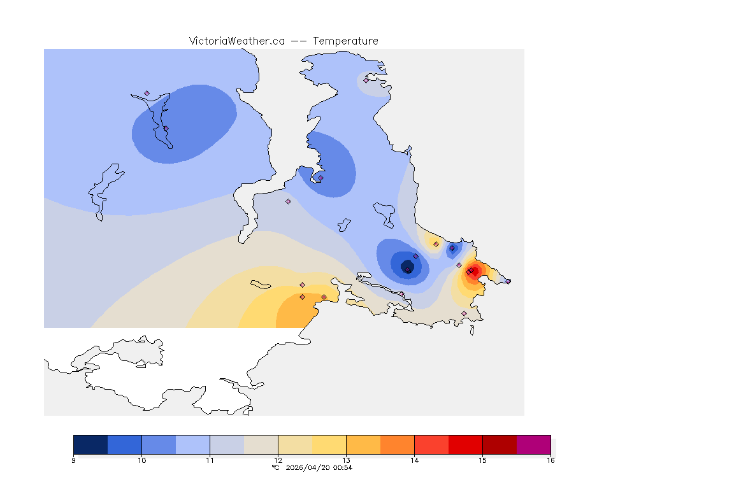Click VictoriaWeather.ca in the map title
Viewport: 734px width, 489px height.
236,41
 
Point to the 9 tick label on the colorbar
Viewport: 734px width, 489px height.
73,460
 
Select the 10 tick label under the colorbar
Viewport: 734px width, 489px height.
141,460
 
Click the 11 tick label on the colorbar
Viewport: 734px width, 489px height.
210,460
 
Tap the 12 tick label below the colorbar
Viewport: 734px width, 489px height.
278,460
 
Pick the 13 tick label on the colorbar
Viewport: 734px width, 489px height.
346,460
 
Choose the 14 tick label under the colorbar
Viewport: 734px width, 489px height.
414,460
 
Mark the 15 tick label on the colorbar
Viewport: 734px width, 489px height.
482,460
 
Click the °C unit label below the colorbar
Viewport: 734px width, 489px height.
275,467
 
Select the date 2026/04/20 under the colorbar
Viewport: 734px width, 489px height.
307,467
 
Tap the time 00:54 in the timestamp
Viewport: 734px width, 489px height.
343,467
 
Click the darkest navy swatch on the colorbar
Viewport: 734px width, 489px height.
90,444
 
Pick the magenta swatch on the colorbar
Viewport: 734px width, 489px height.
533,444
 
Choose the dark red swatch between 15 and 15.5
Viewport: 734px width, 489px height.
500,444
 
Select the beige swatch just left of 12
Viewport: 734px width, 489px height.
261,444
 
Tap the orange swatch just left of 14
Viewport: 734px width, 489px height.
397,444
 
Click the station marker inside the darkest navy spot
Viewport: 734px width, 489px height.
408,270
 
